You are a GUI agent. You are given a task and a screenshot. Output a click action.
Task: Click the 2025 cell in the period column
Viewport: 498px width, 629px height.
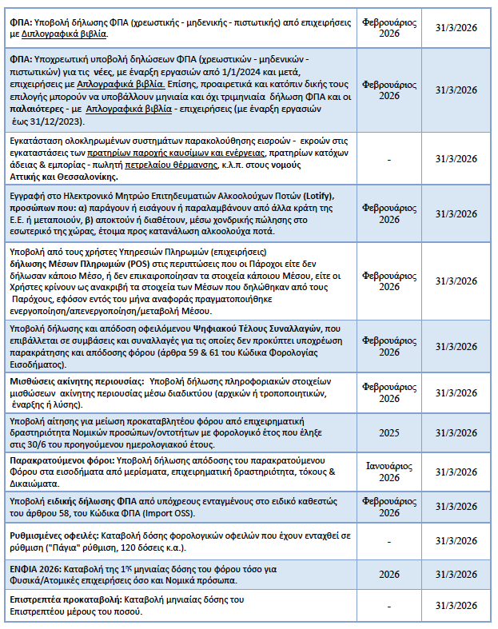click(x=388, y=432)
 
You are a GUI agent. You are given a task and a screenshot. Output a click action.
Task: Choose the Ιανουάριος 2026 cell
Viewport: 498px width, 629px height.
click(x=388, y=472)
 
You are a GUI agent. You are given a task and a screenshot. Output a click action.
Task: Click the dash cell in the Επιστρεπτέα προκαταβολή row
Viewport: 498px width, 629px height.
click(x=388, y=605)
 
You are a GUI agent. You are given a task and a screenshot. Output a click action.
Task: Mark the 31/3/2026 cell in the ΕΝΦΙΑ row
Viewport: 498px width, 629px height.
click(x=456, y=574)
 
